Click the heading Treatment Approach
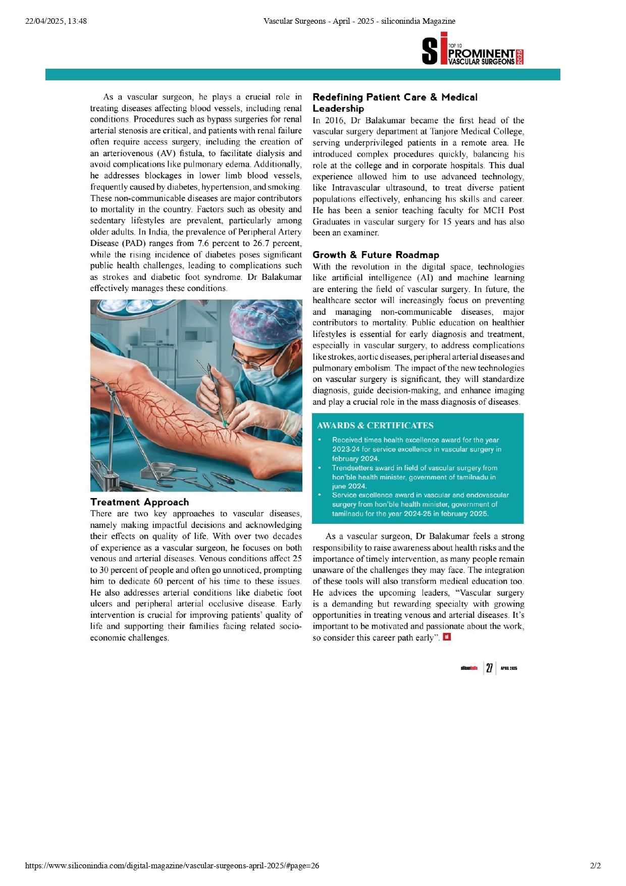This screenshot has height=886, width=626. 139,502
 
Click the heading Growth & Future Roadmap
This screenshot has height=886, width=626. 376,255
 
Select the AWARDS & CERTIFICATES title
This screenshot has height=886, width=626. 375,425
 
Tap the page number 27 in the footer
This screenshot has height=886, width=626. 489,668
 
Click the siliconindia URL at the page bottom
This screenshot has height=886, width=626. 172,865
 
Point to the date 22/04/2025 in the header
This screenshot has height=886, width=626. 45,21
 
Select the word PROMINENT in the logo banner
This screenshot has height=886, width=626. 481,54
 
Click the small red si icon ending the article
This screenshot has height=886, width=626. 446,637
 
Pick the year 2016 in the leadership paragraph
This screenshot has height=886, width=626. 335,120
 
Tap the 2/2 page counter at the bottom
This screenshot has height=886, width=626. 595,865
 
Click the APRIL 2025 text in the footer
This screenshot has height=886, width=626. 509,668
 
